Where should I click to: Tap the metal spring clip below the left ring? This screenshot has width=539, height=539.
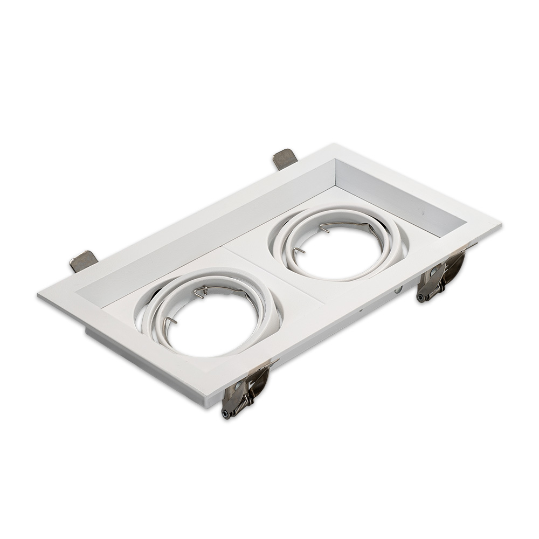click(x=245, y=391)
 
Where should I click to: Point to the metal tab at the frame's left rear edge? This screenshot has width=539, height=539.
click(x=84, y=261)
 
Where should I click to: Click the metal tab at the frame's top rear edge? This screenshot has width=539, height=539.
click(x=285, y=158)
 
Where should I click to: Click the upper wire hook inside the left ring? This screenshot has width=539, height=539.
click(x=201, y=292)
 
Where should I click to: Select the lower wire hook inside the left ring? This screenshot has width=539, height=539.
click(x=170, y=322)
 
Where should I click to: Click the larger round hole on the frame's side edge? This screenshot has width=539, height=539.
click(x=398, y=290)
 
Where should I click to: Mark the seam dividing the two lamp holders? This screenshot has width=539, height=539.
click(x=275, y=275)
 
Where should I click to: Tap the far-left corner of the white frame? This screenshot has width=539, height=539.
click(x=39, y=296)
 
